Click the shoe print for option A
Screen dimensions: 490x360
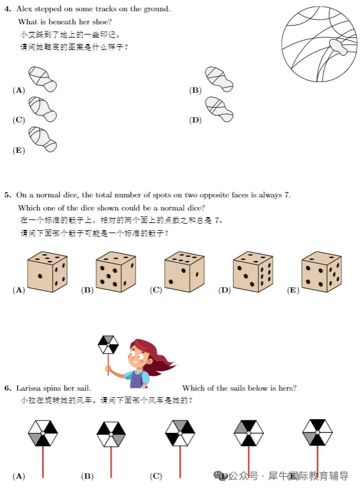click(42, 79)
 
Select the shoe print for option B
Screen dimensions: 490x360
click(219, 79)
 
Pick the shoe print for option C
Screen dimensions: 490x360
click(42, 109)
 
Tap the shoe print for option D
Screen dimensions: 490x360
click(219, 109)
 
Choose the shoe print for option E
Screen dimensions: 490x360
click(42, 139)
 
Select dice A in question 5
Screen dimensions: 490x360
click(48, 271)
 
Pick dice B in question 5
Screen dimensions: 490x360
click(116, 271)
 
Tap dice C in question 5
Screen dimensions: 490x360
click(185, 271)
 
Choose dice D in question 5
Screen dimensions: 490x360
click(253, 271)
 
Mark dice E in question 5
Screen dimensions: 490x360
click(321, 271)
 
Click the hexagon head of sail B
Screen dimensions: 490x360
click(111, 434)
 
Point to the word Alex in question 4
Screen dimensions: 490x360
click(26, 9)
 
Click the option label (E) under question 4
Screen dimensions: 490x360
click(18, 150)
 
